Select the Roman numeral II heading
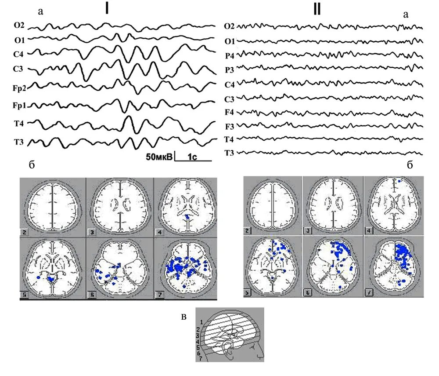(317, 10)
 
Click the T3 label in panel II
(229, 153)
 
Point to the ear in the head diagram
(230, 350)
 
